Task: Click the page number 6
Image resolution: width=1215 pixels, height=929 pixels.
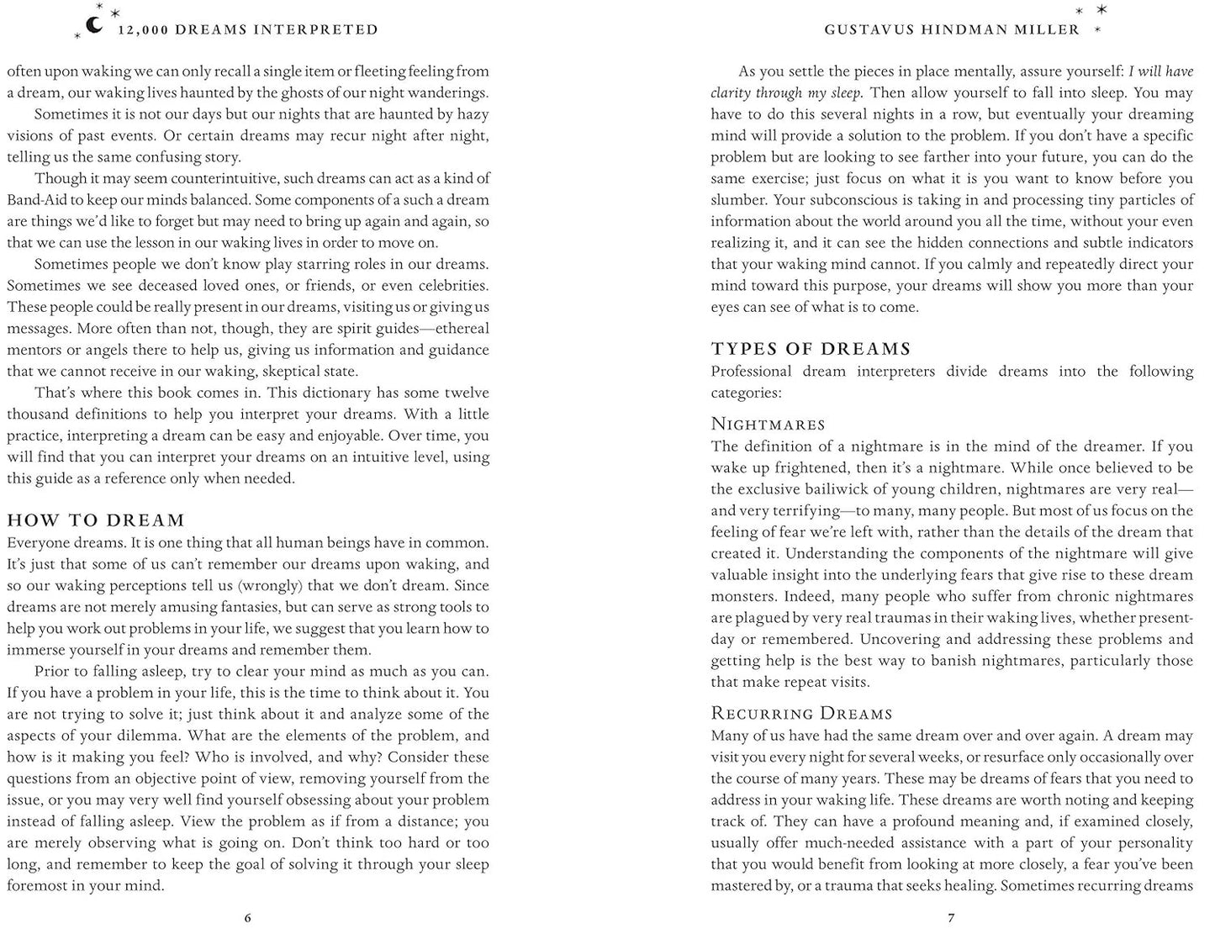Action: (x=247, y=917)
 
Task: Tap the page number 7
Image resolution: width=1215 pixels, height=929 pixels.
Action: (x=951, y=917)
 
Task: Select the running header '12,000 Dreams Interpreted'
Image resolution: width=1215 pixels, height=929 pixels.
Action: (x=248, y=29)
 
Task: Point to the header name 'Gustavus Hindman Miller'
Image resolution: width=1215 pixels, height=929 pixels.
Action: (x=952, y=29)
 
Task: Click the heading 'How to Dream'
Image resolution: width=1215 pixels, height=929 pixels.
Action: (x=96, y=520)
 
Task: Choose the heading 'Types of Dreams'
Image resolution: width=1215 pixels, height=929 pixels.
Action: (x=811, y=349)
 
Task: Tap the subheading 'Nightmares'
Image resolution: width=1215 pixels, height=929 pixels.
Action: (x=768, y=424)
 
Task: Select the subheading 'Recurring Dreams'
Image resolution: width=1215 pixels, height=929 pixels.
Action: (x=801, y=714)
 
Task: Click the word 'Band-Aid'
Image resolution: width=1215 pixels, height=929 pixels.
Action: (x=35, y=200)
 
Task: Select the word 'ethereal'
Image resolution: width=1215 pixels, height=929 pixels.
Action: (x=462, y=329)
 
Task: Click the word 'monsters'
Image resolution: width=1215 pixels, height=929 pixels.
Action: (x=742, y=596)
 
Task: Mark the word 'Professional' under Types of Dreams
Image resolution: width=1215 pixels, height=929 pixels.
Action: (x=753, y=372)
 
